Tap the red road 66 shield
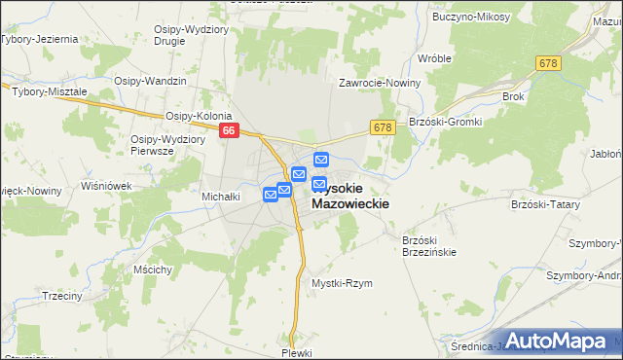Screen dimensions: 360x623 [x=229, y=129]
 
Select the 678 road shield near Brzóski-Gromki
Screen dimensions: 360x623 [x=382, y=126]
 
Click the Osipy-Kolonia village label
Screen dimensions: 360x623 [x=198, y=115]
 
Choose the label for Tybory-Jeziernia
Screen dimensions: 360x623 [x=39, y=40]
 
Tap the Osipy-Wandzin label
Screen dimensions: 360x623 [x=150, y=81]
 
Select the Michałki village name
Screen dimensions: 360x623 [x=221, y=197]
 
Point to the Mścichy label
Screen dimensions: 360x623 [x=154, y=268]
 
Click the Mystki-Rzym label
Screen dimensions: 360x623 [x=342, y=283]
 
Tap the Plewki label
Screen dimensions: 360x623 [x=295, y=352]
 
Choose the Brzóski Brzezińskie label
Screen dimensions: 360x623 [x=429, y=245]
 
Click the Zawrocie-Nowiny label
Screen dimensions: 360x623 [x=380, y=83]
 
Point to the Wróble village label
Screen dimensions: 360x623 [x=434, y=58]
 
